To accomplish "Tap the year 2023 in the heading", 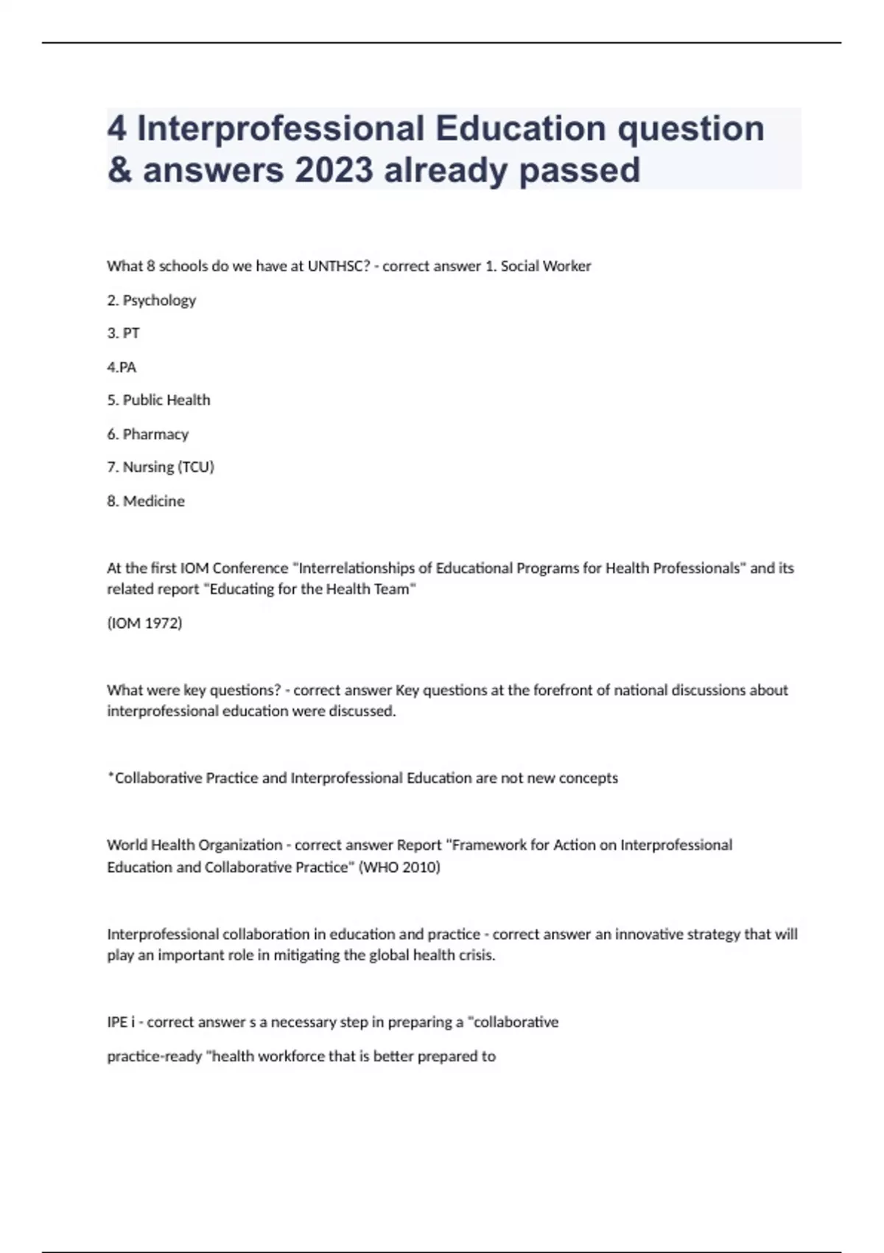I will coord(334,170).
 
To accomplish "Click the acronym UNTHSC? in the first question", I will coord(339,266).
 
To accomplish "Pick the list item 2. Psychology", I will coord(152,300).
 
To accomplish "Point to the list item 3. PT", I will coord(123,333).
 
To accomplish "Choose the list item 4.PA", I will coord(122,367).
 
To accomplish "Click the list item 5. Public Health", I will coord(158,400).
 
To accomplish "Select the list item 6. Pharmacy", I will coord(147,434).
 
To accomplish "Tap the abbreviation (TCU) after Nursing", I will coord(196,467).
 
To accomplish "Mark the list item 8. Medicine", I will coord(146,501).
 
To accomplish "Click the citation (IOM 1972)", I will coord(144,623).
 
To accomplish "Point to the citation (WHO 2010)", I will coord(399,867).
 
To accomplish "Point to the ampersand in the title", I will coord(119,170).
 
